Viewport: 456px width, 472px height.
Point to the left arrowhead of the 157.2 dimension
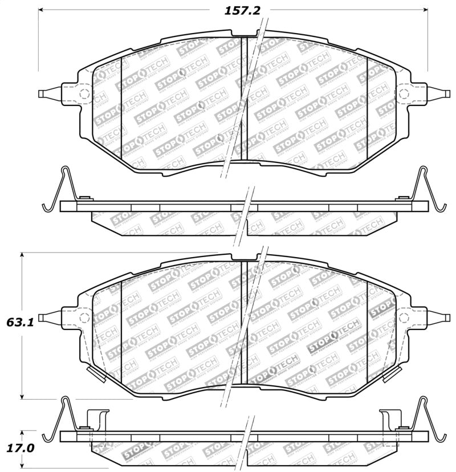[x=42, y=10]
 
